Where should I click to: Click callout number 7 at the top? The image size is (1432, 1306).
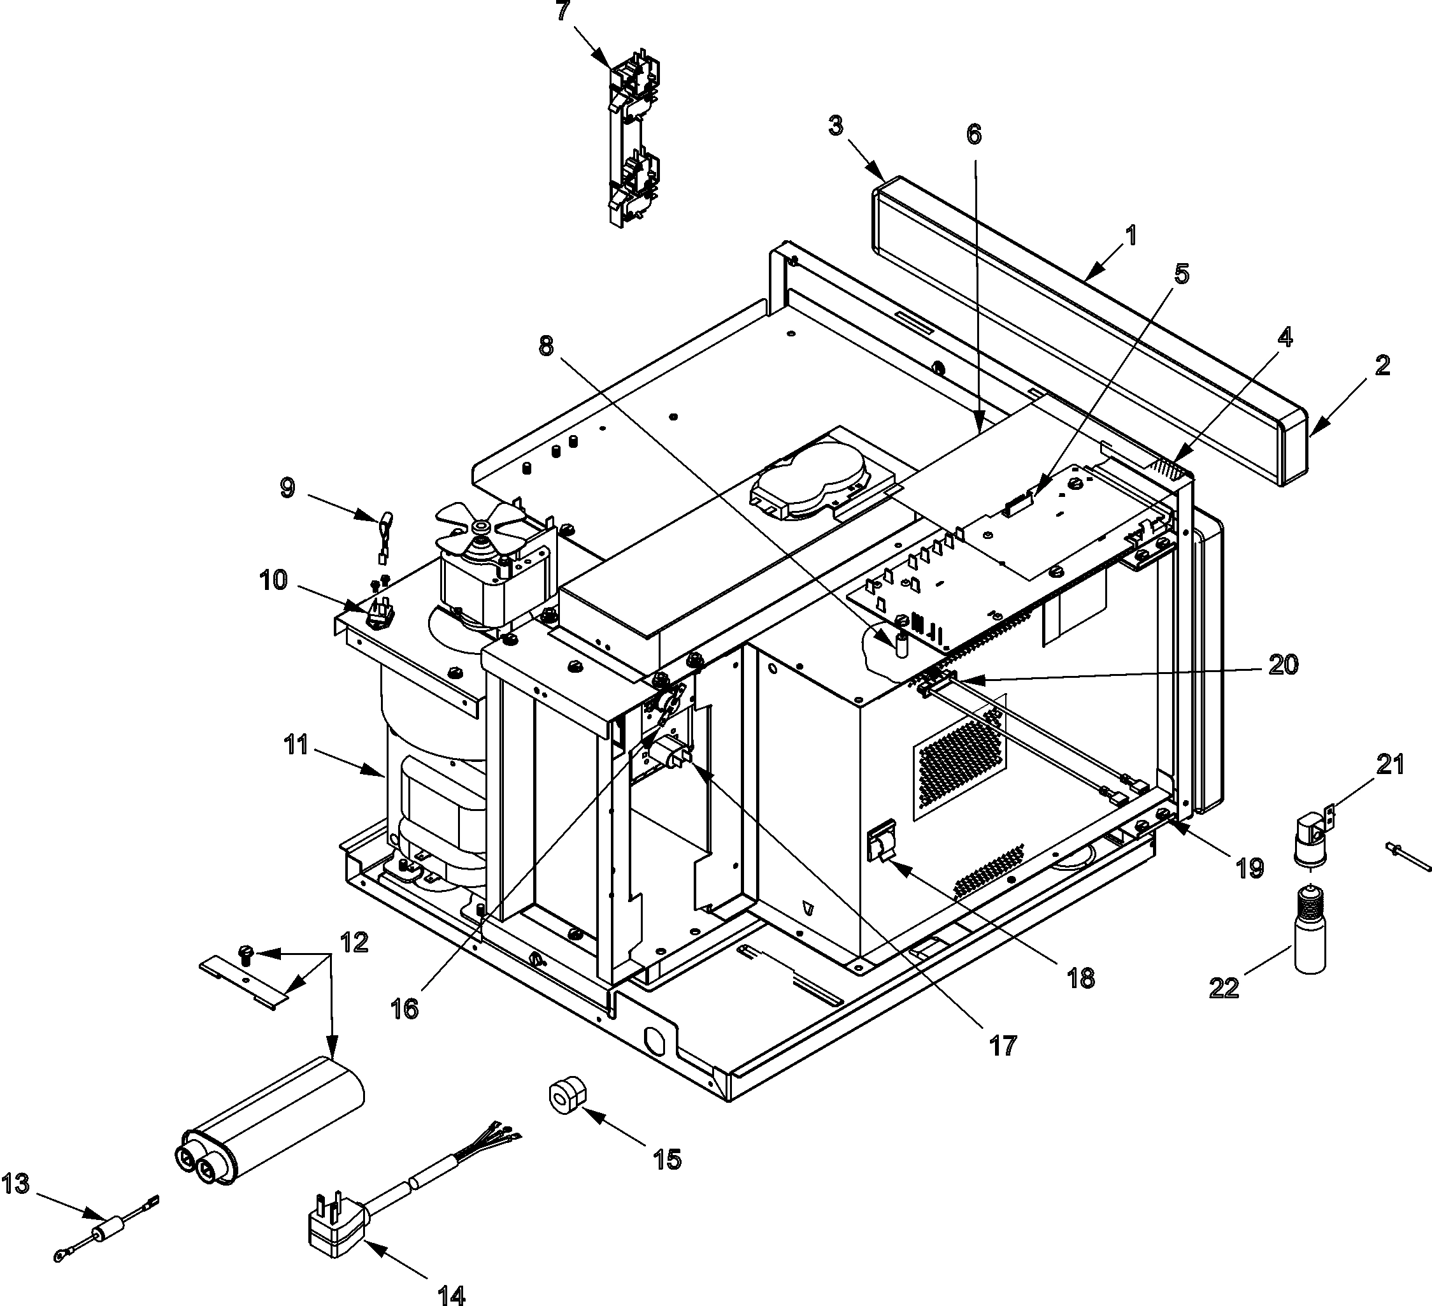tap(562, 11)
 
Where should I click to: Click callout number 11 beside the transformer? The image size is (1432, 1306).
tap(296, 745)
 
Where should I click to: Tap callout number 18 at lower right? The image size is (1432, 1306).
tap(1080, 979)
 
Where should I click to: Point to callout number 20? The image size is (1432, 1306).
tap(1283, 664)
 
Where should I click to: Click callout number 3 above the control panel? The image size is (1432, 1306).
tap(835, 126)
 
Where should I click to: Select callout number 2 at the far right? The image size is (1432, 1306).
tap(1382, 365)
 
